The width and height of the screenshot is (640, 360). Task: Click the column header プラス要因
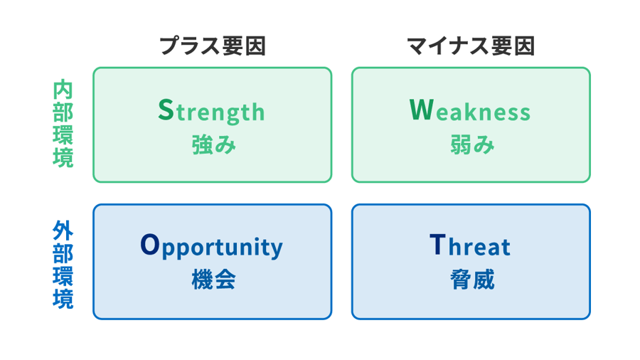click(212, 47)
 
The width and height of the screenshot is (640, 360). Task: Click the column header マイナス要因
click(471, 47)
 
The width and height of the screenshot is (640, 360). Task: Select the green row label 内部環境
click(63, 125)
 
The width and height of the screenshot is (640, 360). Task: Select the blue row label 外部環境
click(63, 264)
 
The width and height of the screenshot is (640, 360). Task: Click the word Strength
click(211, 112)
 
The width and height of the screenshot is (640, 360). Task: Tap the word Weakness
click(470, 112)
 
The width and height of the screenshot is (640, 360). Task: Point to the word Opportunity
click(212, 248)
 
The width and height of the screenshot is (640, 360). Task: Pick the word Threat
click(470, 247)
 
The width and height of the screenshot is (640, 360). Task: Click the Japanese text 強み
click(213, 145)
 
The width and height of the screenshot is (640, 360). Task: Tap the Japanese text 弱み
click(471, 145)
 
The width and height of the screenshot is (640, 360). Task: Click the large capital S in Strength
click(165, 110)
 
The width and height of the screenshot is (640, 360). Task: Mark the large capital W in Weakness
click(421, 110)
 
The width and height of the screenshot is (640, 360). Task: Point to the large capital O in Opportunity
click(150, 245)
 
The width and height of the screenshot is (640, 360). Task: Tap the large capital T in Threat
click(438, 245)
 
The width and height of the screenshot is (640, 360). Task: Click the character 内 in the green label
click(63, 92)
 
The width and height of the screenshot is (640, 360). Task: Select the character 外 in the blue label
click(63, 231)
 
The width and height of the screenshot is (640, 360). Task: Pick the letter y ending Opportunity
click(277, 250)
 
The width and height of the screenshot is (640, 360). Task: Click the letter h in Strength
click(257, 112)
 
